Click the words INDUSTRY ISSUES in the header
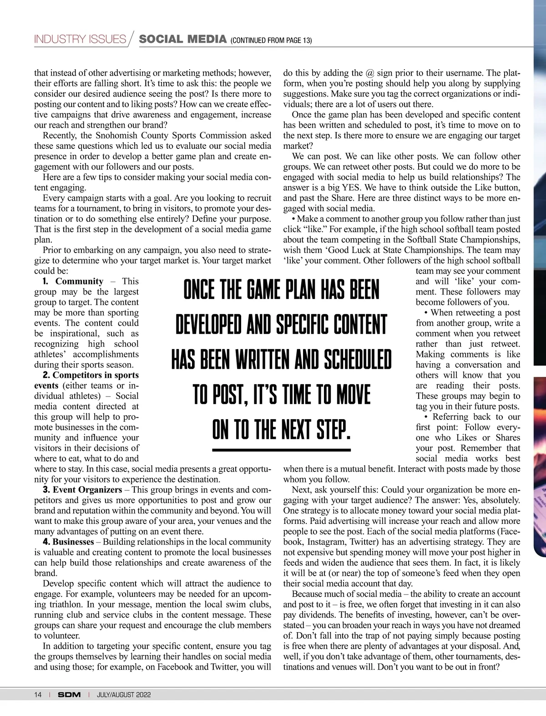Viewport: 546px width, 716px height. (80, 39)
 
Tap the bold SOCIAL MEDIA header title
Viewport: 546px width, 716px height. (182, 39)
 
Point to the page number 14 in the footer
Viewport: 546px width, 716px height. (38, 695)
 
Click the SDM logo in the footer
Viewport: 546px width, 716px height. (69, 695)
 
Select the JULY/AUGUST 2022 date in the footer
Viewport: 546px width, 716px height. (124, 695)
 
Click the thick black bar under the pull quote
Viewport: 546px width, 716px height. (282, 450)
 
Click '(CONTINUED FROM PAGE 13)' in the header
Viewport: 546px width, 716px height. (271, 41)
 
